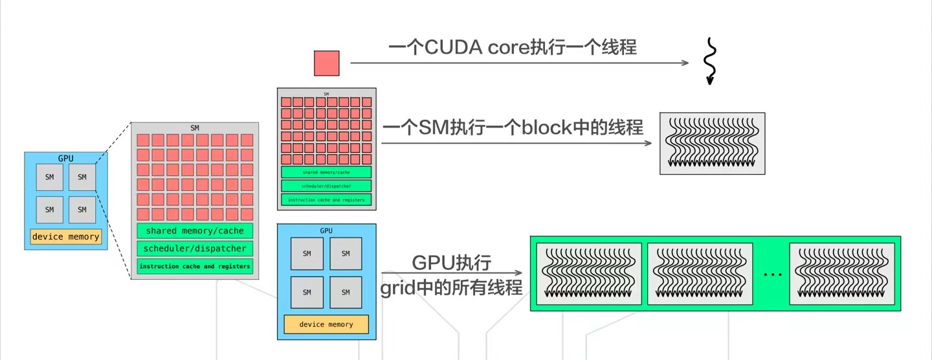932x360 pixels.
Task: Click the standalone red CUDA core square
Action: click(326, 63)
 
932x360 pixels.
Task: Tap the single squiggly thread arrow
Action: click(711, 62)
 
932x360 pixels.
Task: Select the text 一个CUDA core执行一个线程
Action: click(513, 48)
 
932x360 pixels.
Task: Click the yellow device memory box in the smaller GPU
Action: click(66, 237)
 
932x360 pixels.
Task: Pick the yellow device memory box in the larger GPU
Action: click(326, 324)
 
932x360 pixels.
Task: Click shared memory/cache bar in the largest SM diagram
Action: click(195, 231)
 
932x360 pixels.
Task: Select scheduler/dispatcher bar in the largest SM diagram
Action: click(195, 249)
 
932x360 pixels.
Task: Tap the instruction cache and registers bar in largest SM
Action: click(195, 266)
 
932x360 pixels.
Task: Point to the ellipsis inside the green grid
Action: click(772, 275)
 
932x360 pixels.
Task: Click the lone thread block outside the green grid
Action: click(713, 143)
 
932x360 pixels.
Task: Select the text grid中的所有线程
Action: click(451, 287)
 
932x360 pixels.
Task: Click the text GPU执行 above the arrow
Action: click(451, 263)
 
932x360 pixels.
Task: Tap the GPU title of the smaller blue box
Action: click(66, 158)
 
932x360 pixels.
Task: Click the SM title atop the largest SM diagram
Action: click(195, 128)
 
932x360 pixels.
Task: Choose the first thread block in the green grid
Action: click(586, 274)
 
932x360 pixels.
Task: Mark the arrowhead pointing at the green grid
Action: click(518, 274)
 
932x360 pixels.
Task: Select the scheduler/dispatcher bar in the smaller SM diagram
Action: click(326, 186)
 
